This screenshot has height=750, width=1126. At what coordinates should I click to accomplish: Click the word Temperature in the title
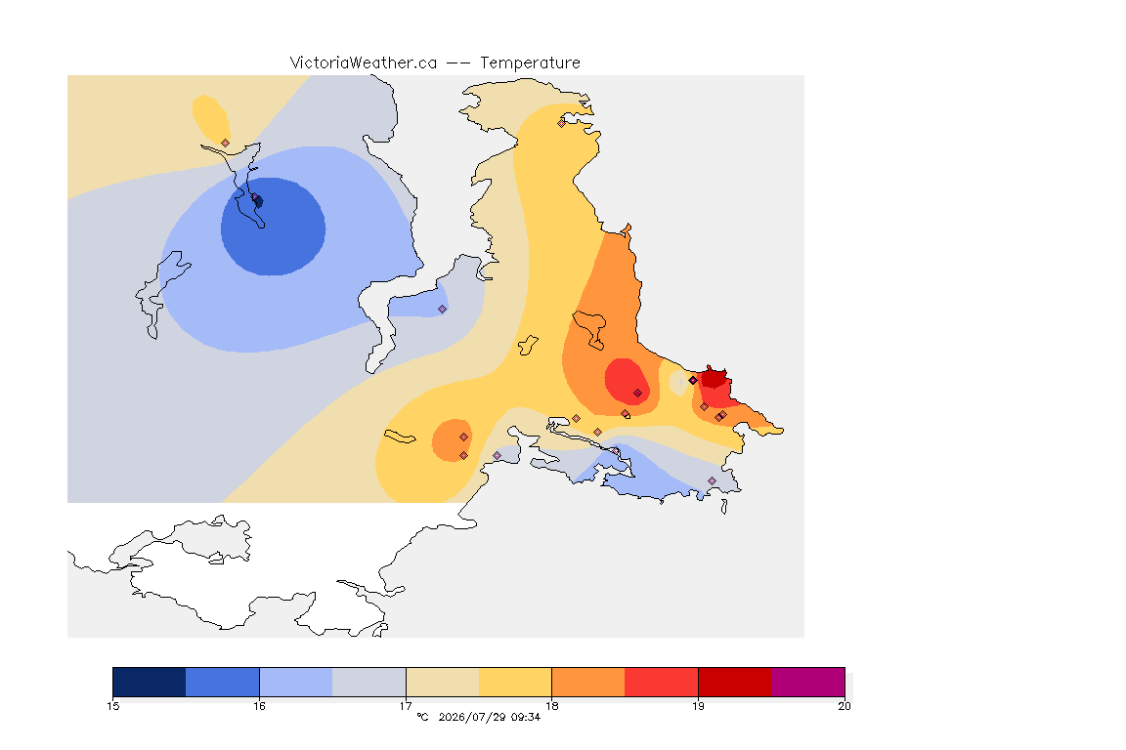[x=530, y=63]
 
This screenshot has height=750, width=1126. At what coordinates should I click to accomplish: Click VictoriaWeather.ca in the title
[x=364, y=63]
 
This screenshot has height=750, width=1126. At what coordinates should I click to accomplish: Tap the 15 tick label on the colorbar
[x=112, y=706]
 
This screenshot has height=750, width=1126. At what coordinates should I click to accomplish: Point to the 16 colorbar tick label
[x=259, y=706]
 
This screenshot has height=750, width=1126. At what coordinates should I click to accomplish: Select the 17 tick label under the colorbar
[x=406, y=706]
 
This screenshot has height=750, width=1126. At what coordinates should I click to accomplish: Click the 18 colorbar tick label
[x=551, y=706]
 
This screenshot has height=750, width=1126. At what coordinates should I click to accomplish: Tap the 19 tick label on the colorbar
[x=698, y=706]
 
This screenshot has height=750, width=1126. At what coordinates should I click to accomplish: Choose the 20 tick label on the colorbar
[x=844, y=706]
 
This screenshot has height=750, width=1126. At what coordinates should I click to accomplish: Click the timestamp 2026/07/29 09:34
[x=489, y=717]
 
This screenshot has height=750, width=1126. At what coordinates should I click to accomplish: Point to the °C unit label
[x=423, y=717]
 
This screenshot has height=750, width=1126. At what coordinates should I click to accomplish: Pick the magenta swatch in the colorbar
[x=808, y=682]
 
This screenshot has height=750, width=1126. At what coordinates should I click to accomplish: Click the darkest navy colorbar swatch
[x=150, y=682]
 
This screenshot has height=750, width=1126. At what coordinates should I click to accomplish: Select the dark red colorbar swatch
[x=735, y=682]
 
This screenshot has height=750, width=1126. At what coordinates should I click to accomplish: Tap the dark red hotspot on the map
[x=715, y=377]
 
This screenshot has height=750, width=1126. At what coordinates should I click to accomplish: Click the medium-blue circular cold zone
[x=273, y=227]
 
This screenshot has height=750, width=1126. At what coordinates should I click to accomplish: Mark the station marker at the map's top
[x=562, y=123]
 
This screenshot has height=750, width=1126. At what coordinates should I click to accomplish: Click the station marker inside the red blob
[x=637, y=394]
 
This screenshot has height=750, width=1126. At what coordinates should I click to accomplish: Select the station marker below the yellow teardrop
[x=226, y=144]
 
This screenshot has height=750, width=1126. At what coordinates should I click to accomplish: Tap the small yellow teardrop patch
[x=210, y=118]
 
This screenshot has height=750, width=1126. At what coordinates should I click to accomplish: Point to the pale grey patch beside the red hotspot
[x=678, y=383]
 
